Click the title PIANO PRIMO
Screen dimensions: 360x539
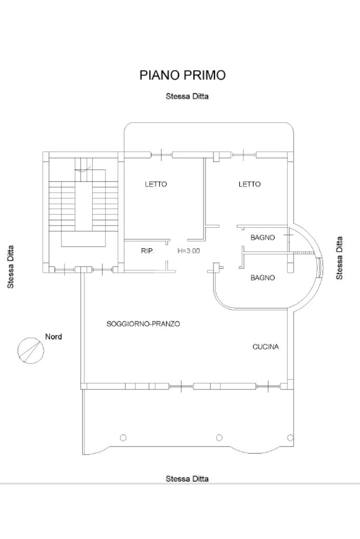[182, 75]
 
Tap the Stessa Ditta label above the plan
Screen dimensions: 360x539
[187, 96]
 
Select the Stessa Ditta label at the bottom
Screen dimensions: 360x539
[187, 478]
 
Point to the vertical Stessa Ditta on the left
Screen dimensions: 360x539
[10, 267]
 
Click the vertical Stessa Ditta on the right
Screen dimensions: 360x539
[339, 258]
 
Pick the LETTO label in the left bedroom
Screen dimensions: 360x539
[155, 184]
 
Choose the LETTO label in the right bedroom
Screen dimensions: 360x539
[249, 184]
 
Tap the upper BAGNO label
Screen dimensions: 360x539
[262, 238]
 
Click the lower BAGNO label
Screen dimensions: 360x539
[262, 278]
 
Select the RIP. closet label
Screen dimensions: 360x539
[148, 251]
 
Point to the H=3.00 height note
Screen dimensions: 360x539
[189, 251]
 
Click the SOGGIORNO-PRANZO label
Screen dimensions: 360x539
[143, 324]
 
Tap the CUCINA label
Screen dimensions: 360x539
[266, 347]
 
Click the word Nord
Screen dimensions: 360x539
[53, 337]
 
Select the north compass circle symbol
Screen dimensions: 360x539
[31, 350]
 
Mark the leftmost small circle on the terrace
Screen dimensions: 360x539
[123, 437]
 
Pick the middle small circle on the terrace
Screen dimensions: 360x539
[219, 437]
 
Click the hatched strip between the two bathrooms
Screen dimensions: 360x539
[304, 254]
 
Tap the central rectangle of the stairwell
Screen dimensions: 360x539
[83, 200]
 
